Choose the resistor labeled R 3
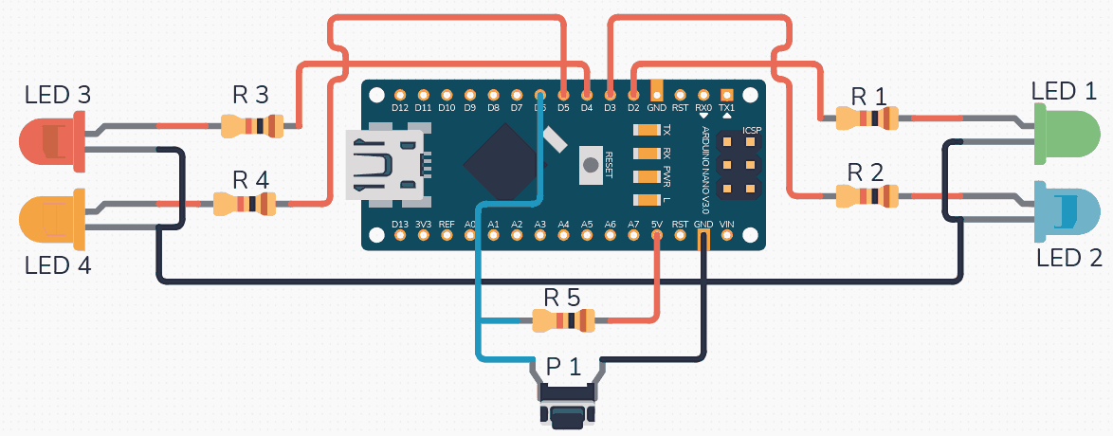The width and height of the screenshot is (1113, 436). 251,124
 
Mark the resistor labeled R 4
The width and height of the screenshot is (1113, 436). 244,202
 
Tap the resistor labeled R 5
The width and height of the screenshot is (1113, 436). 563,321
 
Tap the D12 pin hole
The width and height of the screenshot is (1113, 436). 399,95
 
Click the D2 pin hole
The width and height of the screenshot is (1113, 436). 632,95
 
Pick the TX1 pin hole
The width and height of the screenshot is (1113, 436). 726,95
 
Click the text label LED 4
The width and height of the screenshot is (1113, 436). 57,266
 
